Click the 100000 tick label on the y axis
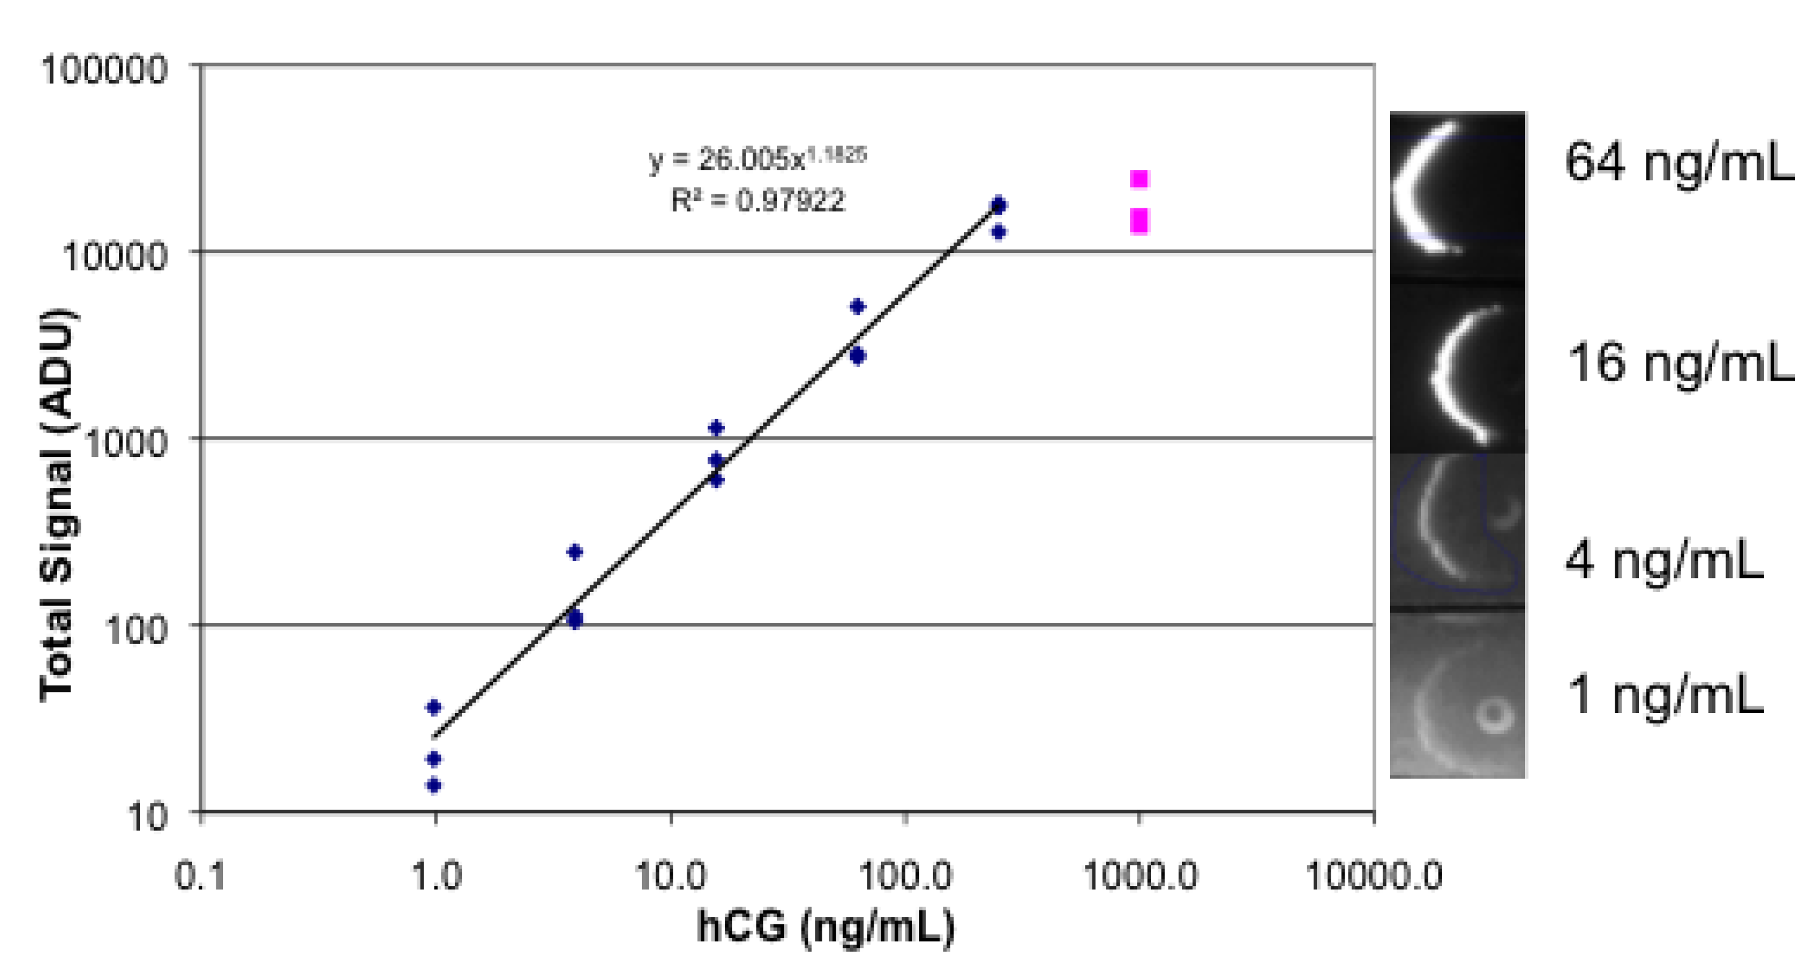[104, 70]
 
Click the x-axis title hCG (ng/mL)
[825, 926]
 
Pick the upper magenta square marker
[1139, 179]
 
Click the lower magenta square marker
[1139, 221]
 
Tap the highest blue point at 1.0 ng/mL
[434, 706]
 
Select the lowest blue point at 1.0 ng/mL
[434, 785]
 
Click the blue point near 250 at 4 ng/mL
[575, 552]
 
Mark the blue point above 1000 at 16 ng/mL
[717, 428]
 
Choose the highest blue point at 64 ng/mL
[857, 306]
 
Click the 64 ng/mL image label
[1679, 163]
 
